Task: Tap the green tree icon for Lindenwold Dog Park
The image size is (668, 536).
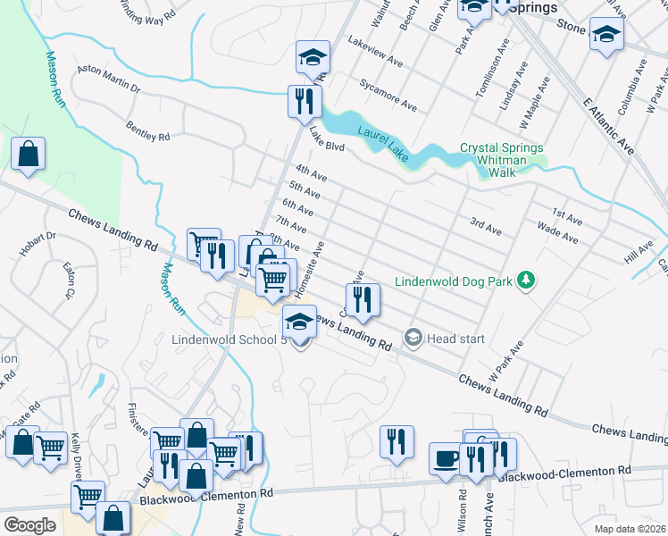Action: coord(528,281)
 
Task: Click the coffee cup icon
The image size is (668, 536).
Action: coord(444,457)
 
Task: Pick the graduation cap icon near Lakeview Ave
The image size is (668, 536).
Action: coord(313,58)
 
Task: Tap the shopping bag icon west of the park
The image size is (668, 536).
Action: coord(29,153)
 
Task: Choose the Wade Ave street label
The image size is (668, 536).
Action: coord(558,234)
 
